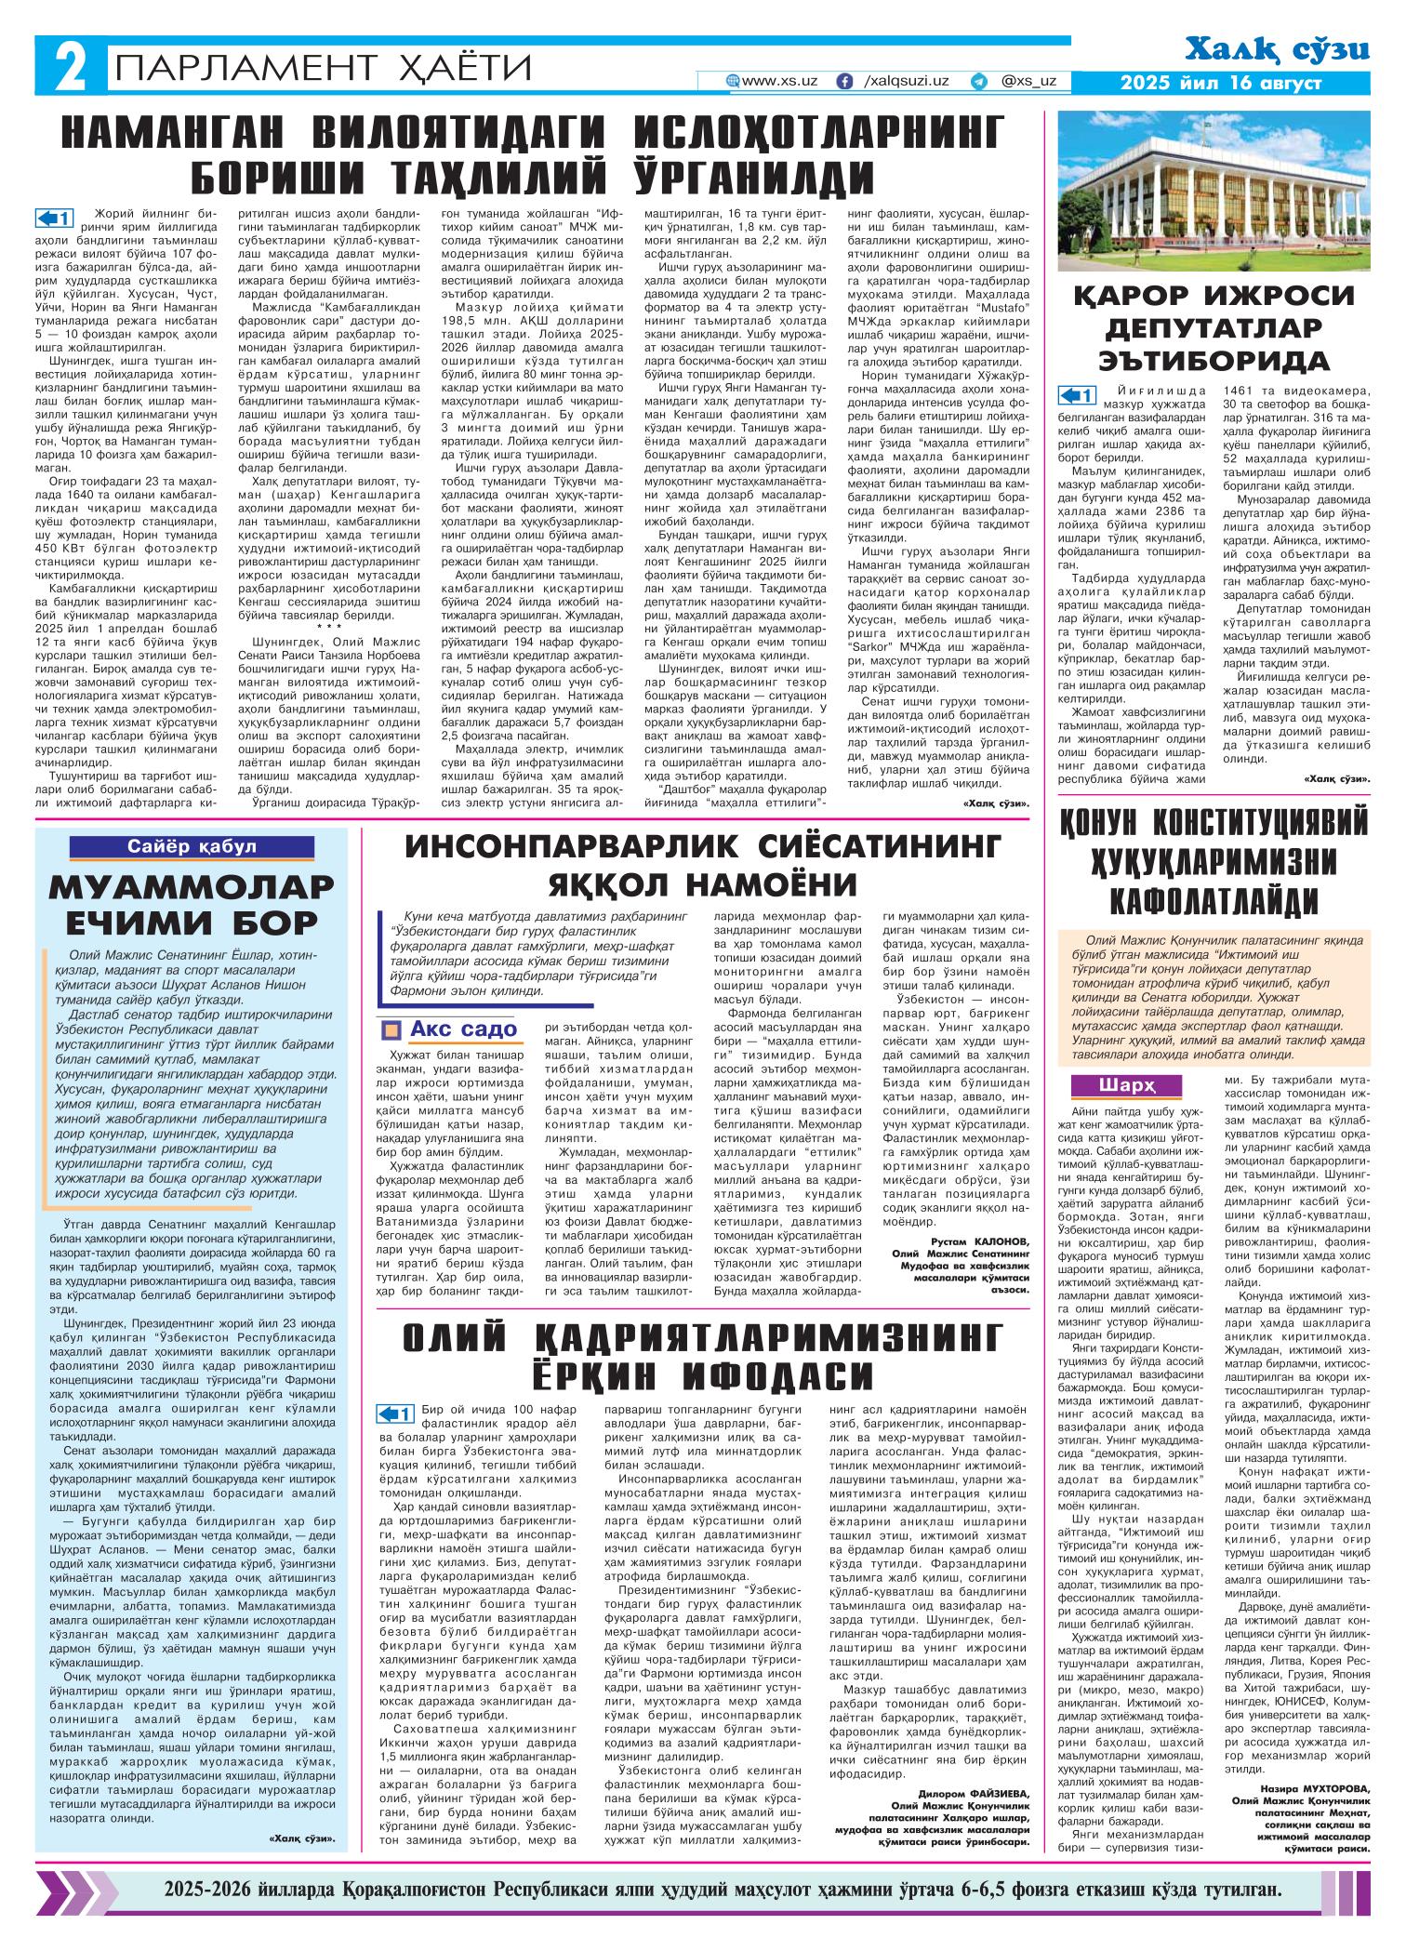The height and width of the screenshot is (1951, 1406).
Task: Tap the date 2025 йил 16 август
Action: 1220,84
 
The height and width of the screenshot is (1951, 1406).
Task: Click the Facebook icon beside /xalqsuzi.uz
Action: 845,82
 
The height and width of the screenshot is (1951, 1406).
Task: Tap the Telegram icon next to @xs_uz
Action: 977,82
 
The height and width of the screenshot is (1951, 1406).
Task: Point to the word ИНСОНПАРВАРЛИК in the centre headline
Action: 556,845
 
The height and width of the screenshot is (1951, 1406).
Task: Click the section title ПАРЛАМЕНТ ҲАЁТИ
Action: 322,70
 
